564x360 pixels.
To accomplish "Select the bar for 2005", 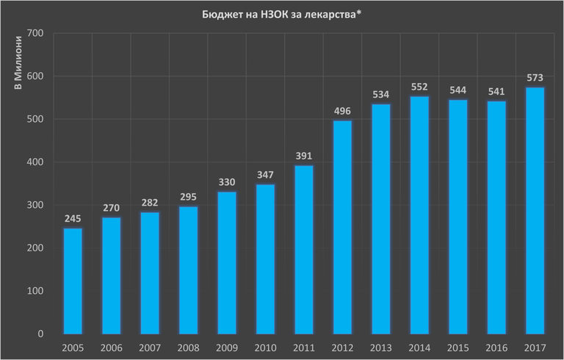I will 73,281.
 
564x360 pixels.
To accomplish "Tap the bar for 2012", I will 342,227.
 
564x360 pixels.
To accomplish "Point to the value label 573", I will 535,78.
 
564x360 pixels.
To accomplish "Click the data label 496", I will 342,111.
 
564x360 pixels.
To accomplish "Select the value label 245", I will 73,219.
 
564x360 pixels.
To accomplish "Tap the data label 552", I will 419,87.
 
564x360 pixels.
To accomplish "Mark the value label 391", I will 304,156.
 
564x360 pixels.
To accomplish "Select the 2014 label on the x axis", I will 419,347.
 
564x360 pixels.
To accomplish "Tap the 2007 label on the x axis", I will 150,347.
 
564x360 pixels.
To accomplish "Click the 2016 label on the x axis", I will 496,347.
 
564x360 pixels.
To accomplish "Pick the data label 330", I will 227,182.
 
